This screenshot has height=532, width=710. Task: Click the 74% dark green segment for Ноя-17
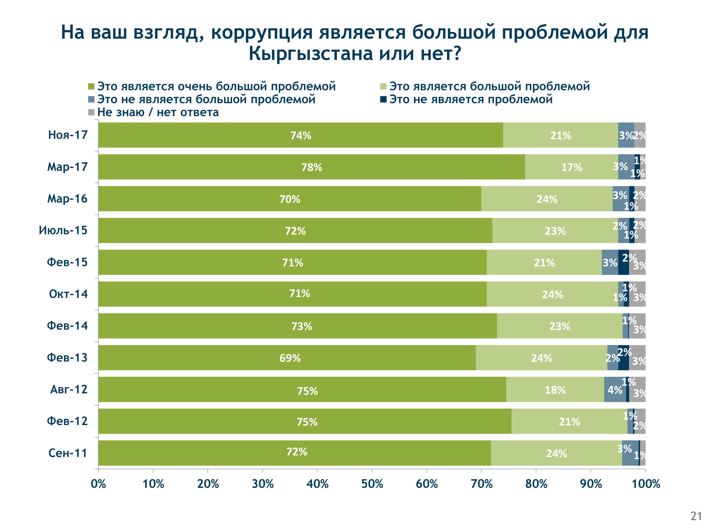[300, 135]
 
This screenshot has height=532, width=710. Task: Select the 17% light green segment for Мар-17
[571, 167]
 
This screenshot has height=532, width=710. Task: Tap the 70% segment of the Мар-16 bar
[290, 199]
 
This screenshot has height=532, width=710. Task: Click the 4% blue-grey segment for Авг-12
[615, 390]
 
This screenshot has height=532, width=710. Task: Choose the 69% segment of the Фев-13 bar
[287, 358]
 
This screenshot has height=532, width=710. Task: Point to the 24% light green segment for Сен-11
[556, 453]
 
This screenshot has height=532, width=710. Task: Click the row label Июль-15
[63, 231]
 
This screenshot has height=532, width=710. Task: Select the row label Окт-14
[68, 294]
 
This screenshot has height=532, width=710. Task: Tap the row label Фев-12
[67, 421]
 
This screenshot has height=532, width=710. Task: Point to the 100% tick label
[646, 484]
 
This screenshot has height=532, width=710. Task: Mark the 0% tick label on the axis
[98, 484]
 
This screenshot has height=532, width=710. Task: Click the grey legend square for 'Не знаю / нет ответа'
[91, 112]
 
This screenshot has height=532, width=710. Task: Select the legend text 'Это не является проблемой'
[471, 99]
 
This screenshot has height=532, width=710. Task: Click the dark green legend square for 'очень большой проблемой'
[91, 87]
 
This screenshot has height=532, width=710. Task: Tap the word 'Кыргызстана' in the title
[311, 54]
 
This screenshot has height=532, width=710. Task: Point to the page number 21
[696, 516]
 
